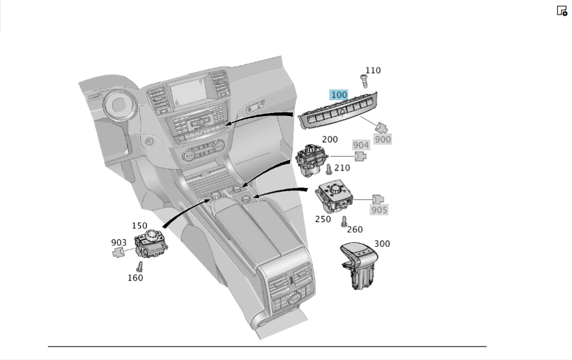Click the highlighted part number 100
pyautogui.click(x=339, y=94)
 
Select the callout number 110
pyautogui.click(x=372, y=70)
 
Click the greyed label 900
pyautogui.click(x=383, y=139)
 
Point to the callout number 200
pyautogui.click(x=329, y=139)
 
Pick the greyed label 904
pyautogui.click(x=361, y=145)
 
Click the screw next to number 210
pyautogui.click(x=329, y=169)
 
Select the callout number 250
pyautogui.click(x=323, y=219)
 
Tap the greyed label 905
pyautogui.click(x=379, y=210)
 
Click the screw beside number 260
pyautogui.click(x=344, y=222)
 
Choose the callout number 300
pyautogui.click(x=382, y=244)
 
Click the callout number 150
pyautogui.click(x=139, y=226)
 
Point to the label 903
pyautogui.click(x=119, y=243)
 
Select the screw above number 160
pyautogui.click(x=139, y=266)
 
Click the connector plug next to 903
pyautogui.click(x=118, y=252)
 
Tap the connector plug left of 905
pyautogui.click(x=378, y=199)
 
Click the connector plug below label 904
pyautogui.click(x=360, y=156)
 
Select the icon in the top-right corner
pyautogui.click(x=562, y=10)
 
